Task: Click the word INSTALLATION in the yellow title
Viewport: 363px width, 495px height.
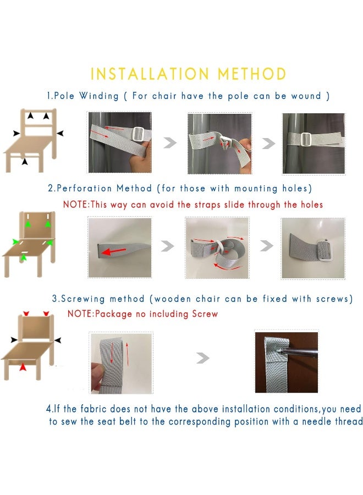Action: [150, 74]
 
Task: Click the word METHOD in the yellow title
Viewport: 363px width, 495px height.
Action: [252, 74]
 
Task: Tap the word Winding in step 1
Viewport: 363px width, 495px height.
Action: [99, 96]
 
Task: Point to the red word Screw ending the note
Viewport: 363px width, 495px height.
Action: [205, 314]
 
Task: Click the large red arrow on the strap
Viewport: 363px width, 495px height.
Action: [113, 251]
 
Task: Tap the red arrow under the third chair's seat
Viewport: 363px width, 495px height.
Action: [23, 367]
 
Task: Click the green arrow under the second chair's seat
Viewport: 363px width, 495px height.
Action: [23, 257]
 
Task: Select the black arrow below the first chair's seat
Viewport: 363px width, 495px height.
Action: [25, 161]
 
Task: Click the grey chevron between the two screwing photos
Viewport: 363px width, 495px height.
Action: [202, 358]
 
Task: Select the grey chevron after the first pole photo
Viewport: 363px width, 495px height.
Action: [170, 143]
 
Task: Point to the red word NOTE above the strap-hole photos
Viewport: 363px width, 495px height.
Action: [75, 204]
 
